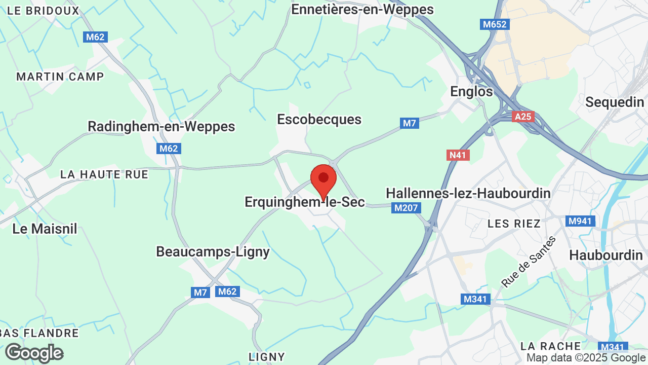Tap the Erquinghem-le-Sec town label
[x=304, y=202]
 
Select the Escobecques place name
[x=319, y=120]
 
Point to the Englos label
[x=471, y=92]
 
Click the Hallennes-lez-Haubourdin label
[x=468, y=194]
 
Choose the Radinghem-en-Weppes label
[x=161, y=126]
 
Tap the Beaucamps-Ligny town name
[x=213, y=251]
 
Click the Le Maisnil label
[x=45, y=229]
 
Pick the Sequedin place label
[x=615, y=102]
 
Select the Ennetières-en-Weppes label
[x=362, y=9]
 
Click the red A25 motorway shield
[x=522, y=117]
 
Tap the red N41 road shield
[x=458, y=155]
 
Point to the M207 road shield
[x=406, y=208]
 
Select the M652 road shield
[x=494, y=24]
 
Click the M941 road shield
[x=580, y=221]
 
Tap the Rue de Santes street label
[x=529, y=262]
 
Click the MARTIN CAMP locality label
[x=60, y=77]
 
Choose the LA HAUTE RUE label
[x=104, y=174]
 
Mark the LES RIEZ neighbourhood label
[x=514, y=224]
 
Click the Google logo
[x=34, y=353]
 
